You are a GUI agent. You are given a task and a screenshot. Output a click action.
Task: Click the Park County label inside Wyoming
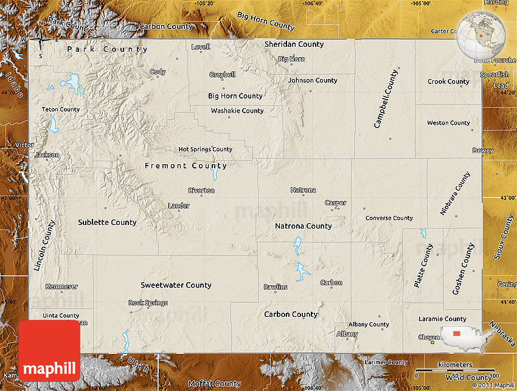(x=107, y=49)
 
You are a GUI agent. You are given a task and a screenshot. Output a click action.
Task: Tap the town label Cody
(x=158, y=72)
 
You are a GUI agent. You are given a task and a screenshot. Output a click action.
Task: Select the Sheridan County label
(x=294, y=44)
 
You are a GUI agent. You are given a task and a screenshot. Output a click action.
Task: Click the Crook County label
(x=448, y=81)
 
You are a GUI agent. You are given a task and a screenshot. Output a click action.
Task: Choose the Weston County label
(x=448, y=123)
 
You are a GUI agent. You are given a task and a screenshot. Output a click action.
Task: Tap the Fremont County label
(x=186, y=165)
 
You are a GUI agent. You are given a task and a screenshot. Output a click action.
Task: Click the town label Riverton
(x=201, y=190)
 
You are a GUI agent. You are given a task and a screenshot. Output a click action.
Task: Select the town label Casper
(x=335, y=203)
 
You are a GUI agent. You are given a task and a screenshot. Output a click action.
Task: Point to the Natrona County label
(x=304, y=226)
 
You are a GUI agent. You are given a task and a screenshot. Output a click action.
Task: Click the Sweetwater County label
(x=176, y=285)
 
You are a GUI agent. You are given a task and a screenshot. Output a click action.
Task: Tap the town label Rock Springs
(x=148, y=303)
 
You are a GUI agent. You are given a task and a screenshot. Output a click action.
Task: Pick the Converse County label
(x=389, y=218)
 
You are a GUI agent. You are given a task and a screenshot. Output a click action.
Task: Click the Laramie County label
(x=442, y=319)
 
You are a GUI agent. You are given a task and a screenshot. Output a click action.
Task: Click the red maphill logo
(x=49, y=351)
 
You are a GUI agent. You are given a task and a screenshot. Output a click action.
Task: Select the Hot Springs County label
(x=205, y=150)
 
